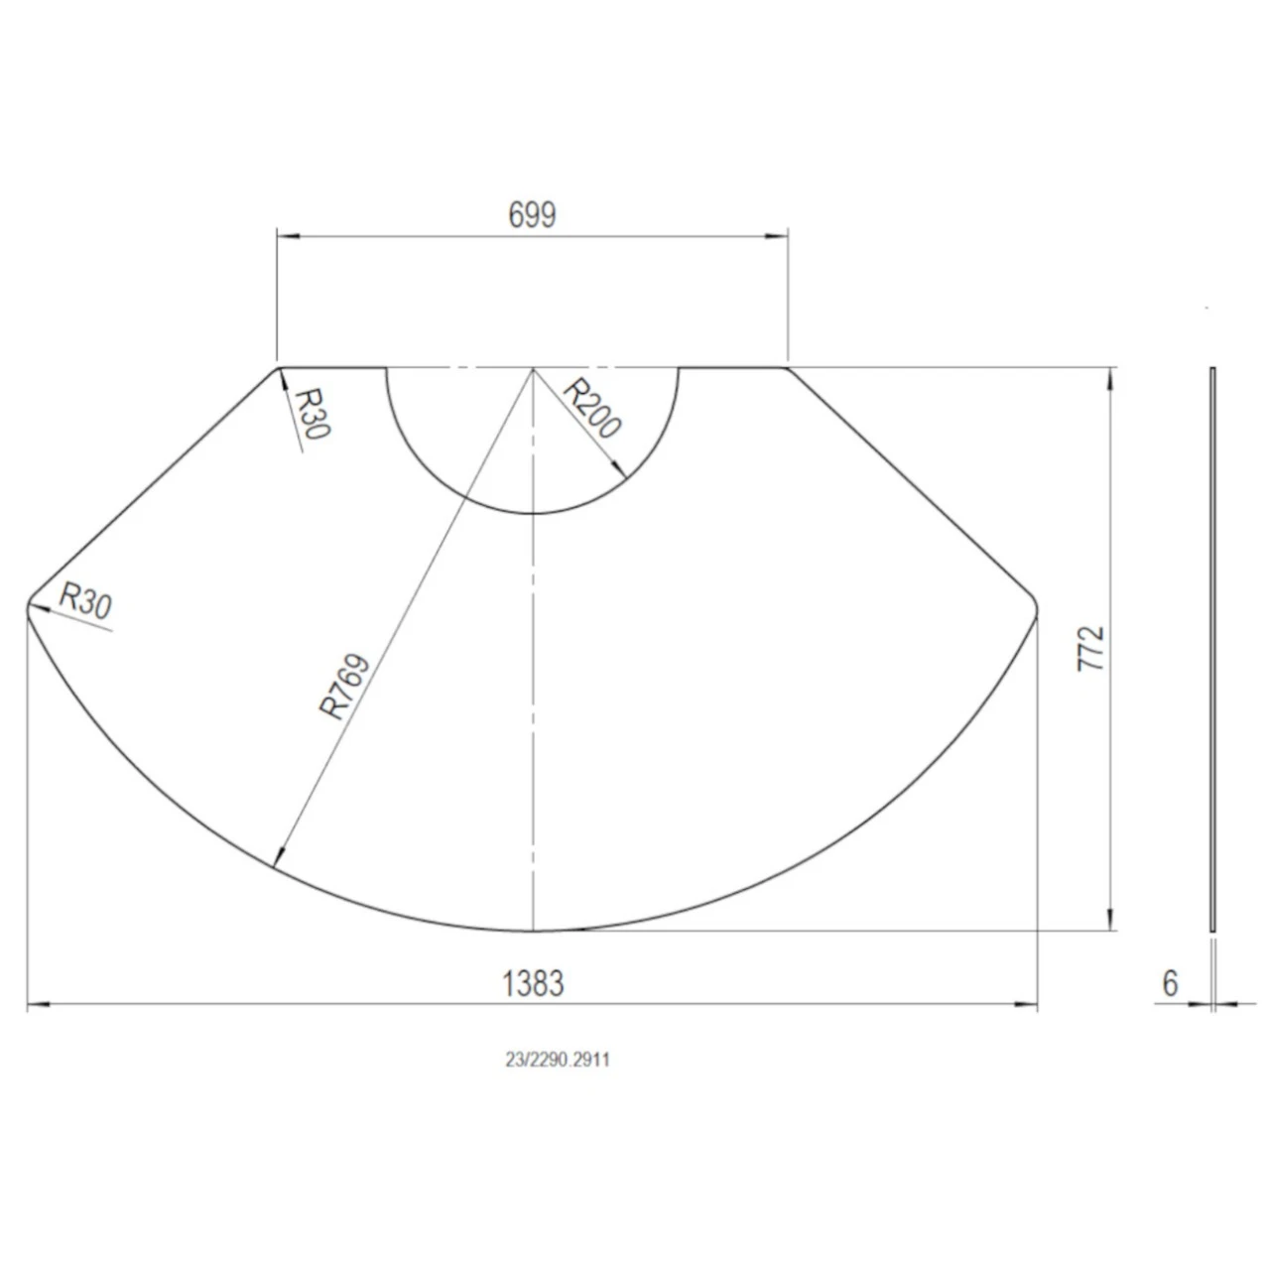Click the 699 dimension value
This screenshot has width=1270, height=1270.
point(532,214)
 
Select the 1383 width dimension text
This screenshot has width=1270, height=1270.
point(533,983)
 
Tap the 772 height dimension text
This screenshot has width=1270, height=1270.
point(1090,648)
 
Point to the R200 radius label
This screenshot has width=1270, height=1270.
point(592,409)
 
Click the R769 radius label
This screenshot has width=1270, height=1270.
point(345,686)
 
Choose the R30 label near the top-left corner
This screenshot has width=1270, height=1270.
point(313,413)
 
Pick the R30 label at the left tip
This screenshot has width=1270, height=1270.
point(85,601)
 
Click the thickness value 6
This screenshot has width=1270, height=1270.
point(1171,983)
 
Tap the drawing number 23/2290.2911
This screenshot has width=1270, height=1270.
point(558,1060)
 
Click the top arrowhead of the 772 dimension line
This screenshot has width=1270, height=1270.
point(1109,376)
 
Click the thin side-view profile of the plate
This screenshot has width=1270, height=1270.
point(1212,650)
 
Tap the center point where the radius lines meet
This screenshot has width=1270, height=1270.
point(534,368)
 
